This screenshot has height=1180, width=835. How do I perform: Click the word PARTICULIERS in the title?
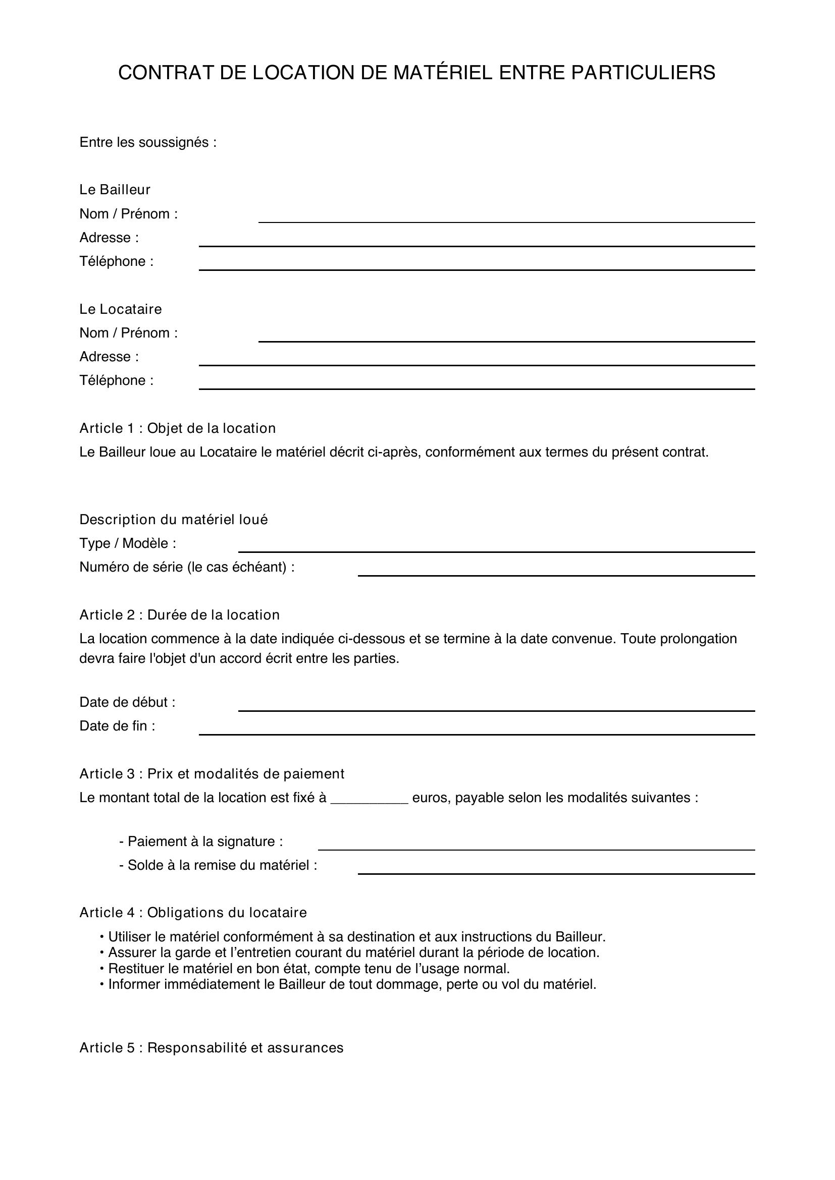point(643,73)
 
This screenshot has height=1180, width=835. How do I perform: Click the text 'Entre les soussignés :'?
point(147,142)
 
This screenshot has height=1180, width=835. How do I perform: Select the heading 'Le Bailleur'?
point(115,190)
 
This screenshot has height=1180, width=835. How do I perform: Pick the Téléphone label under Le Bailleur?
point(116,262)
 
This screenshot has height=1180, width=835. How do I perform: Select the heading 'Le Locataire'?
point(120,309)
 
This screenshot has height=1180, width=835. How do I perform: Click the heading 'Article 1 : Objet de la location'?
point(177,428)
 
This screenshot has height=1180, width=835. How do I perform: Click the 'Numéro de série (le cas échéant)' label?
point(187,567)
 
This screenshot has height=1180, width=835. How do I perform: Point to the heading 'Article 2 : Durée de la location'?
point(179,614)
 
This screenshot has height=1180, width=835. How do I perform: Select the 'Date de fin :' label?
point(117,725)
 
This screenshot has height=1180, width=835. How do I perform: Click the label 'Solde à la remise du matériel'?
point(218,865)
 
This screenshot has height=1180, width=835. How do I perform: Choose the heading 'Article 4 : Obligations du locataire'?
point(193,912)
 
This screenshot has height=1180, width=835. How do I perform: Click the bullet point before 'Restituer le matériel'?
point(102,969)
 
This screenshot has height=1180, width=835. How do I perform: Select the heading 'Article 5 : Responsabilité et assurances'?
point(211,1047)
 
